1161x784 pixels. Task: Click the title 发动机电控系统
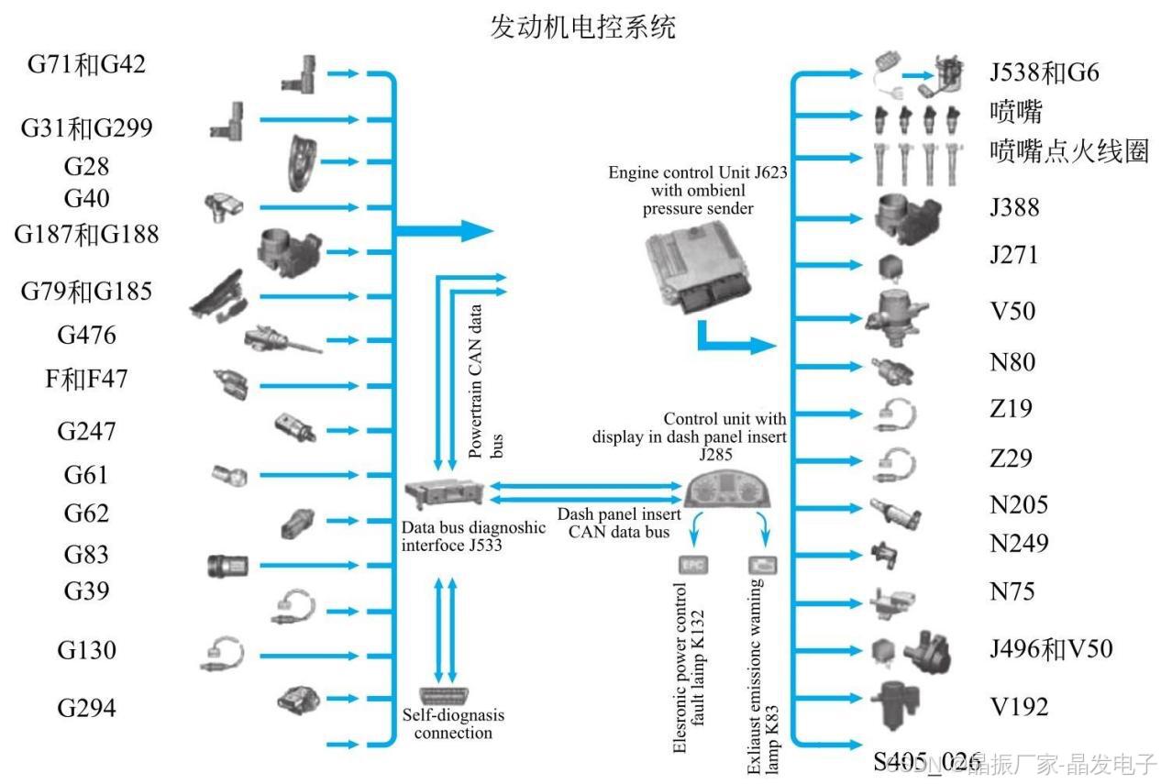583,26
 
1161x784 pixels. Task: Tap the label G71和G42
86,65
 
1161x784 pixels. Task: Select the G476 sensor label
86,335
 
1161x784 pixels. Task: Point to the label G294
86,708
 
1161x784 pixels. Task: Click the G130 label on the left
86,650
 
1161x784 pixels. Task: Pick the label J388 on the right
1014,207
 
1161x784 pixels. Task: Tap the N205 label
1019,504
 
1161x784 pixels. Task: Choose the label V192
1019,707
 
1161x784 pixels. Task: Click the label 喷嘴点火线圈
1069,151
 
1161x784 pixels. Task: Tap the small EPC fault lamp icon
691,564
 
